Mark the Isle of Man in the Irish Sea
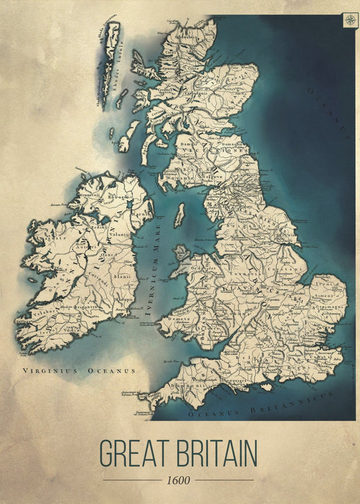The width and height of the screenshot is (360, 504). pyautogui.click(x=179, y=216)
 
